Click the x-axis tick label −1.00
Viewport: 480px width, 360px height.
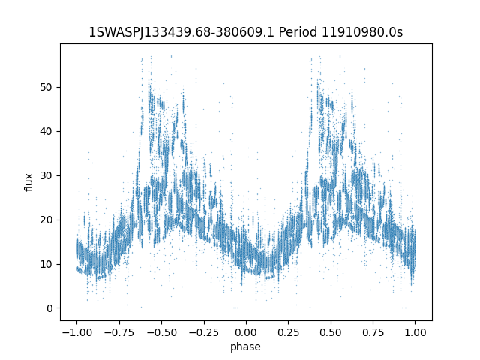(76, 332)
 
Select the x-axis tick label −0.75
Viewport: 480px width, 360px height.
(119, 332)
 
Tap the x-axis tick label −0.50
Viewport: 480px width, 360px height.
(161, 332)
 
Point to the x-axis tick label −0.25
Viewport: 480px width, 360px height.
(203, 332)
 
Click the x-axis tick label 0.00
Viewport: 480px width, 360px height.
(246, 332)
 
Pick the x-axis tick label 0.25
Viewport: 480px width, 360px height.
(288, 332)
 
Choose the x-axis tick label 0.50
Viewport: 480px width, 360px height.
(331, 332)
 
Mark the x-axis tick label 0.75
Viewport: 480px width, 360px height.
(373, 332)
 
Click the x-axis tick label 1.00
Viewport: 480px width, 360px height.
(415, 332)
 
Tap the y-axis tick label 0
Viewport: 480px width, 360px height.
(49, 308)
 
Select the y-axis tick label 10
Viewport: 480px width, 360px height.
(46, 264)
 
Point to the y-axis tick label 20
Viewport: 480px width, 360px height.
(46, 220)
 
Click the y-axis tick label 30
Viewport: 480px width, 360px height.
(46, 175)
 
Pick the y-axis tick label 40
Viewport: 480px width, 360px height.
(46, 132)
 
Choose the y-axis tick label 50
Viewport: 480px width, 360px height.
(46, 87)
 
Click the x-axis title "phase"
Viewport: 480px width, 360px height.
(245, 346)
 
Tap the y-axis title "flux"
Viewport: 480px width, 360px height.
(28, 182)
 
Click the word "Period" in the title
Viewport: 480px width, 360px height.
(298, 32)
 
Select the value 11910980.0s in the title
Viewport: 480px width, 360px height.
(361, 32)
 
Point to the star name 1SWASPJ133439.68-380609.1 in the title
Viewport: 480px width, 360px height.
(181, 32)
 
